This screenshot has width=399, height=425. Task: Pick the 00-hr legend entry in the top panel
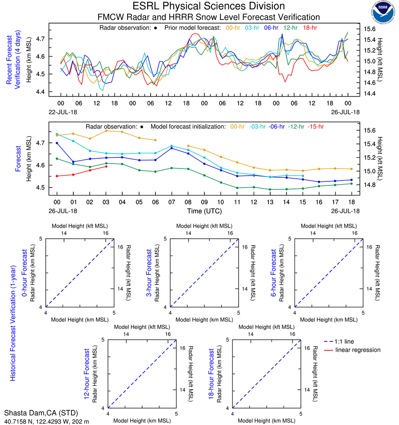point(235,28)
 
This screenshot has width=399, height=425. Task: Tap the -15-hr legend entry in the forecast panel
point(316,127)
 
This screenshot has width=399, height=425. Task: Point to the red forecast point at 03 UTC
point(106,166)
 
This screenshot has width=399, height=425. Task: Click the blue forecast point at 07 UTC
point(172,148)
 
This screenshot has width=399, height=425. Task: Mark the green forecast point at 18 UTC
point(351,184)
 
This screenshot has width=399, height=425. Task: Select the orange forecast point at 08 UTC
point(188,146)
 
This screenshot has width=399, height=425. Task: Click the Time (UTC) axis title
point(204,211)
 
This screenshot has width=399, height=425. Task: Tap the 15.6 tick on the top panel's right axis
point(371,29)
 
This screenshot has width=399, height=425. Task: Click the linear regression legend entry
point(358,350)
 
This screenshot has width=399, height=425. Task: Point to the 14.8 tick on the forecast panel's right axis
point(371,185)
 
